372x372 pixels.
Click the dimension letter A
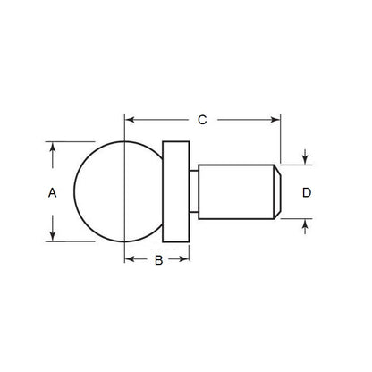coord(52,191)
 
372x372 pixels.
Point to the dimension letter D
coord(307,192)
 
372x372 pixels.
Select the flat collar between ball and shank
coord(176,191)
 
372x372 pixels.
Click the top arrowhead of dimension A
coord(53,145)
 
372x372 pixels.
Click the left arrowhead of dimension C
coord(129,118)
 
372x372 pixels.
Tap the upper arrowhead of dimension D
coord(306,160)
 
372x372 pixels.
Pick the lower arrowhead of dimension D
coord(306,224)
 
